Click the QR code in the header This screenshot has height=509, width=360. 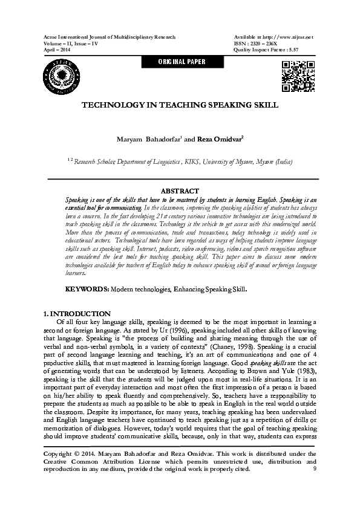298,76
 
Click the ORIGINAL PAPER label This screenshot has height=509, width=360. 182,62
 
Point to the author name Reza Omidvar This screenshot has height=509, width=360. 219,140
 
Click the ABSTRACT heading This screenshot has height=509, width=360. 180,191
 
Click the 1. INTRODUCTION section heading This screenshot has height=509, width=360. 77,314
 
